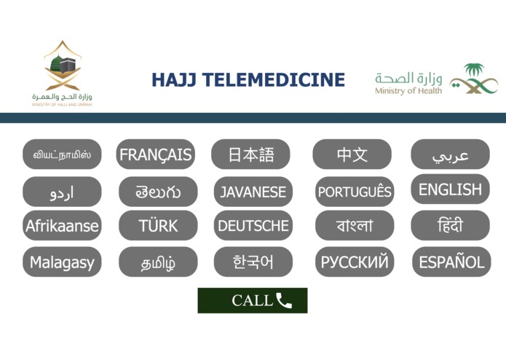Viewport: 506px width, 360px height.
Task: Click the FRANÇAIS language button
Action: (x=156, y=154)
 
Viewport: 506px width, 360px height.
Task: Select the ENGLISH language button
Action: (x=450, y=189)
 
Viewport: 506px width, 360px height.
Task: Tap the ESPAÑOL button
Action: (x=451, y=262)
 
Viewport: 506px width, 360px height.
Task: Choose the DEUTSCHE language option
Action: (x=253, y=226)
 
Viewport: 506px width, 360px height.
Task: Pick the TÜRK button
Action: (x=158, y=226)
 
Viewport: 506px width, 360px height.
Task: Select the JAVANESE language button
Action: (x=253, y=192)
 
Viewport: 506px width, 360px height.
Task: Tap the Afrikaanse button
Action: (x=62, y=226)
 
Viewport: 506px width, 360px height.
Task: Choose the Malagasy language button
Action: (x=62, y=262)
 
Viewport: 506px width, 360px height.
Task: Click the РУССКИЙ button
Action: (x=355, y=262)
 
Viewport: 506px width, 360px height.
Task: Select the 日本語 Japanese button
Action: (x=250, y=154)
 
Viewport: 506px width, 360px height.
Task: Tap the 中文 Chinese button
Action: (x=352, y=154)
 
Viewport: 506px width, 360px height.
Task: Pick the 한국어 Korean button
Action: (x=253, y=262)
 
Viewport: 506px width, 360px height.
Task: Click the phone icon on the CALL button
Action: (x=284, y=300)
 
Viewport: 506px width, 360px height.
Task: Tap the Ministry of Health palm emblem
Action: (x=474, y=79)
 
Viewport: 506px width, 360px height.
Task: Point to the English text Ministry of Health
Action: (x=408, y=91)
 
